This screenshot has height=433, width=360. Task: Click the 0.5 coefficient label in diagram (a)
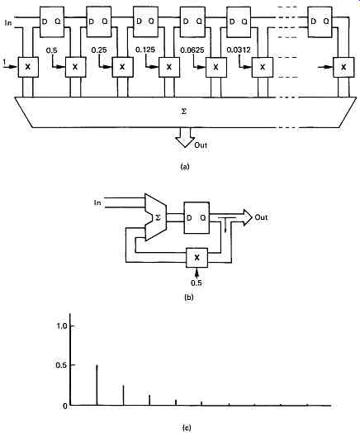coord(51,50)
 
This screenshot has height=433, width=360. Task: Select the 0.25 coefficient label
coord(99,50)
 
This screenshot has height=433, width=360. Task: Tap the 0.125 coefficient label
coord(145,50)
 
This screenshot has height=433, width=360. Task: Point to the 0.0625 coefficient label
coord(192,50)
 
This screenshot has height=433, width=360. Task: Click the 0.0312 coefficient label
coord(239,50)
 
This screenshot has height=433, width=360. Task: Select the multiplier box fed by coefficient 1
coord(28,67)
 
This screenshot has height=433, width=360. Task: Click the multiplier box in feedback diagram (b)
coord(197,257)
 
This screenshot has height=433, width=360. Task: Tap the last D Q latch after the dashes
coord(320,21)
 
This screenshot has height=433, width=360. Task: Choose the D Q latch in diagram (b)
coord(197,217)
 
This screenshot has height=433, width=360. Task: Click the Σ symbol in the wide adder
coord(184,112)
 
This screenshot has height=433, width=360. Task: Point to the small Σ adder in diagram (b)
coord(155,217)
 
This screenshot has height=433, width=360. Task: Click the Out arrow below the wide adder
coord(185,137)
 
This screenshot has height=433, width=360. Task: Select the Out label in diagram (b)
coord(261,217)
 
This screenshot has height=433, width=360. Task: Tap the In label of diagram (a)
coord(8,23)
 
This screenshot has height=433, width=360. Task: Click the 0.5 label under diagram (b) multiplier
coord(197,283)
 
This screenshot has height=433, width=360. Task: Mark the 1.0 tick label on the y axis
coord(62,326)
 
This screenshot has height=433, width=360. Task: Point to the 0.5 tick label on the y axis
coord(62,365)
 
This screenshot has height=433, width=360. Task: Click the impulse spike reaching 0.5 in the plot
coord(97,385)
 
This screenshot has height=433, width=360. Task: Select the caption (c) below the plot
coord(187,428)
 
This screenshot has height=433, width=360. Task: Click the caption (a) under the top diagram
coord(185,167)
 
